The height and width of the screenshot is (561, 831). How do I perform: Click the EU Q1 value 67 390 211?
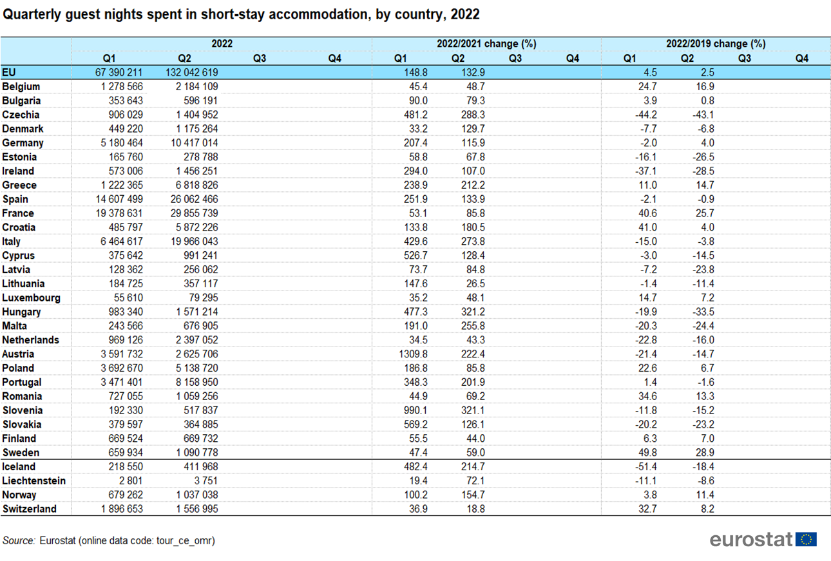tap(119, 72)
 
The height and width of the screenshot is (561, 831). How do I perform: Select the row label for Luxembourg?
tap(31, 298)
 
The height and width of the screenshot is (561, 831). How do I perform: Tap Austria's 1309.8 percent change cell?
tap(413, 354)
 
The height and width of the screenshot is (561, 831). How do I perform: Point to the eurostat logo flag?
tap(806, 540)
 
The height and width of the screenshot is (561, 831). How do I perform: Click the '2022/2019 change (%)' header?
tap(716, 44)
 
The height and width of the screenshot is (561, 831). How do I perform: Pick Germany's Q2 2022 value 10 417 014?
tap(194, 143)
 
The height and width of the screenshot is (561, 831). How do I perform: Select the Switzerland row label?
tap(29, 509)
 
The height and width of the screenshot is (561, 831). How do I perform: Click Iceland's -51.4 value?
tap(646, 467)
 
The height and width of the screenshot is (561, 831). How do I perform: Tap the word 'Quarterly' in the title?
tap(32, 14)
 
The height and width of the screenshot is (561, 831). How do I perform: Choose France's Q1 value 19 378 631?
tap(119, 213)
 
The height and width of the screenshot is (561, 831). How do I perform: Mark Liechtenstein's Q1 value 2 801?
tap(131, 481)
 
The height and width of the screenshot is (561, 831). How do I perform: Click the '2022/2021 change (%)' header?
tap(486, 44)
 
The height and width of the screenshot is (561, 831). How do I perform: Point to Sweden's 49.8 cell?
tap(647, 453)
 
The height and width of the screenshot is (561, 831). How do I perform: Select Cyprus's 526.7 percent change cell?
tap(415, 256)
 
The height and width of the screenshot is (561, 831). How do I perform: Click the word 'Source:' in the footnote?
tap(19, 540)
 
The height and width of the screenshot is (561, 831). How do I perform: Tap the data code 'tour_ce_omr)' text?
tap(186, 541)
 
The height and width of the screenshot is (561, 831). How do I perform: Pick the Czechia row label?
tap(21, 115)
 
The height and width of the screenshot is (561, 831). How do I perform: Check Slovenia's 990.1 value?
tap(415, 410)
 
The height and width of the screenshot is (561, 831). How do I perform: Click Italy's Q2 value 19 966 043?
tap(194, 242)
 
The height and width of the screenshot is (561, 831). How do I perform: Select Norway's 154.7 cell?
tap(473, 495)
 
